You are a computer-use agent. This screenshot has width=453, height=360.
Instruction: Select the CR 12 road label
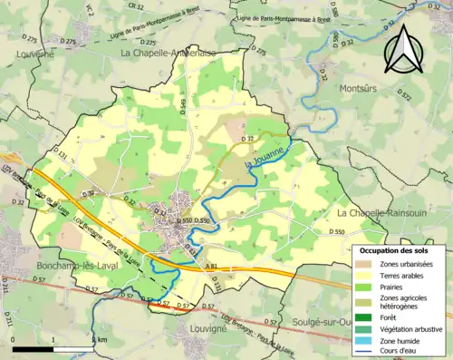pyautogui.click(x=136, y=6)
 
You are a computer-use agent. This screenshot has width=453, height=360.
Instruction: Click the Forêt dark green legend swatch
pyautogui.click(x=364, y=316)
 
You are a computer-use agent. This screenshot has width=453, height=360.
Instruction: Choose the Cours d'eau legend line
pyautogui.click(x=364, y=354)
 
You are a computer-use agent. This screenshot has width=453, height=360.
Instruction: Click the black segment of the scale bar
pyautogui.click(x=34, y=348)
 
